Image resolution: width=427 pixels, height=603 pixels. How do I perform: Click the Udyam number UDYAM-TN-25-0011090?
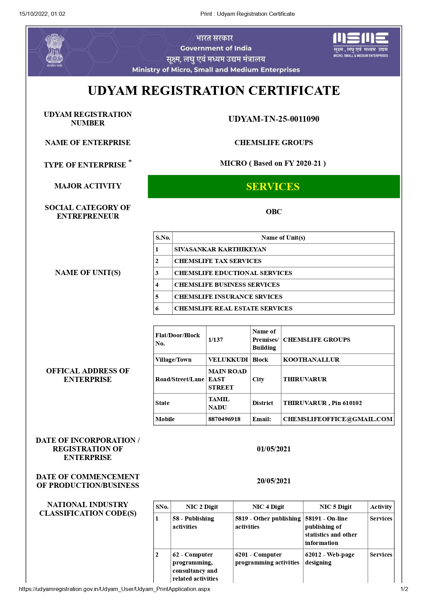coord(273,119)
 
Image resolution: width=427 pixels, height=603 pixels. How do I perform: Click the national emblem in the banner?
coord(54,50)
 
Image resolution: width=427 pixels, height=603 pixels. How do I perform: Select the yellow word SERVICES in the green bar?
coord(273,187)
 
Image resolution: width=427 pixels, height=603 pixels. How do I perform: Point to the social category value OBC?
coord(273,212)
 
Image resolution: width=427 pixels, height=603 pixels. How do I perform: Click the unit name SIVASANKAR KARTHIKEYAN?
coord(220,249)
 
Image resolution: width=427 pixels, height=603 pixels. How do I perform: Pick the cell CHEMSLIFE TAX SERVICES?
coord(218,261)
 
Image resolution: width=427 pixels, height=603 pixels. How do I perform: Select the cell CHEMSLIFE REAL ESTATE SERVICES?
coord(233,308)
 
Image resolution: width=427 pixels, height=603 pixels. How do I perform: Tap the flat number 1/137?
coord(216,340)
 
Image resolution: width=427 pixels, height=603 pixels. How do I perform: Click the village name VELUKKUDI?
coord(228,360)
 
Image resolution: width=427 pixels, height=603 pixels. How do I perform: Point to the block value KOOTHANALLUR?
coord(311,360)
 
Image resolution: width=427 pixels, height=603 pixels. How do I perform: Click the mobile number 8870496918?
coord(224,419)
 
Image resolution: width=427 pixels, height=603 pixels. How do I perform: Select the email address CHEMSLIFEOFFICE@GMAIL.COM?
coord(337,419)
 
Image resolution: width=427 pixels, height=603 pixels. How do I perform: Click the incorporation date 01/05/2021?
coord(273,449)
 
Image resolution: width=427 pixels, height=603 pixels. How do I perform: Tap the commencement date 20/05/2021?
coord(273,481)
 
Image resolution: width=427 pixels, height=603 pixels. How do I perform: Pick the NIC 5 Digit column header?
coord(335,507)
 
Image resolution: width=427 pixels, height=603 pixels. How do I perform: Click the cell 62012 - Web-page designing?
coord(330,559)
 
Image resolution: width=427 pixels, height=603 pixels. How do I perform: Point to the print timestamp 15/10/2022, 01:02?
coord(42,14)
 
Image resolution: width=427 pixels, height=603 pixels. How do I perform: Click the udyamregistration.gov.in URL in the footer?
coord(114,589)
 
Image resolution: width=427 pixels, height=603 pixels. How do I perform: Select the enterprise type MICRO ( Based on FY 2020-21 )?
coord(273,163)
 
